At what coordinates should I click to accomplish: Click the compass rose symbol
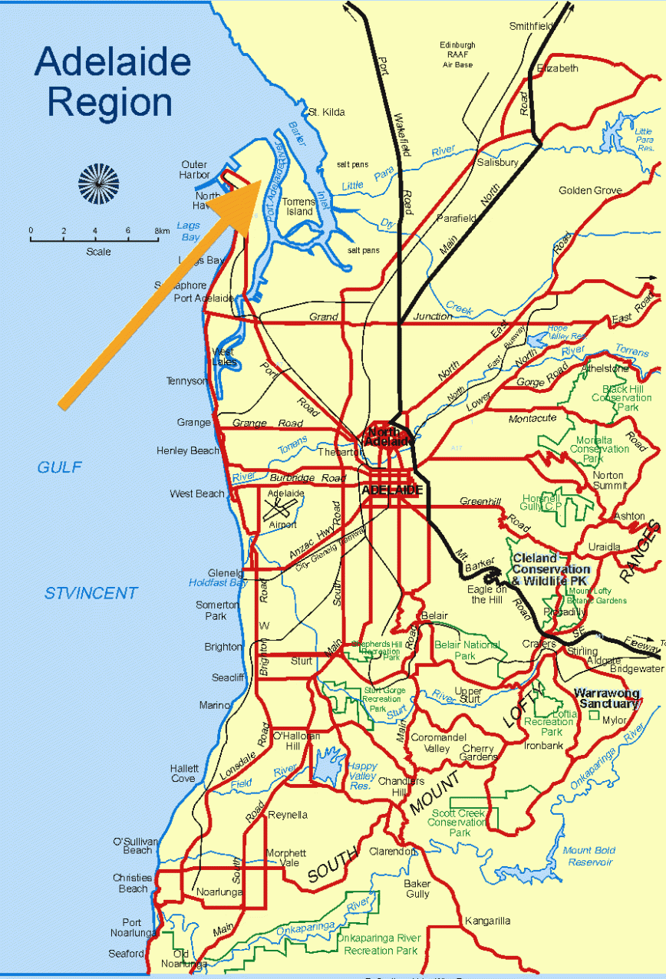coord(98,184)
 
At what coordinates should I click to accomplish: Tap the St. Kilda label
coord(326,112)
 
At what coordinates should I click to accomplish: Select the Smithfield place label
coord(531,26)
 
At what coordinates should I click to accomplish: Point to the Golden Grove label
coord(590,190)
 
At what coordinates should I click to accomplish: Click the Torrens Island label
coord(299,206)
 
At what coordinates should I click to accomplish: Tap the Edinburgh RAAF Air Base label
coord(457,54)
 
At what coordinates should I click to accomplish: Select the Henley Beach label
coord(188,451)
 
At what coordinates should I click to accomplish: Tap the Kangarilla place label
coord(487,921)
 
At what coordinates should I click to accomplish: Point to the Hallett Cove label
coord(184,773)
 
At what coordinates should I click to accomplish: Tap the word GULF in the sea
coord(60,467)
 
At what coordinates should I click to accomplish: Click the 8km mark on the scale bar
coord(160,239)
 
